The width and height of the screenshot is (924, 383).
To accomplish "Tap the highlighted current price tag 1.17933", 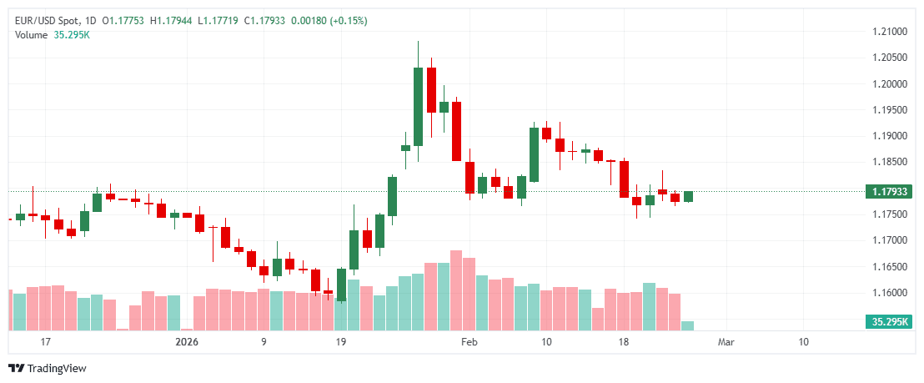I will [890, 192].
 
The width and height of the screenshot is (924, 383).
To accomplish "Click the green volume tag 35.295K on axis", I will [890, 321].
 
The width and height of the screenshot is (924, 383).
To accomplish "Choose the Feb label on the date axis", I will [470, 342].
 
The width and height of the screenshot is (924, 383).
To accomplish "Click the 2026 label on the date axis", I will [187, 342].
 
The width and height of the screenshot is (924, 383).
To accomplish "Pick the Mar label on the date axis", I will [726, 342].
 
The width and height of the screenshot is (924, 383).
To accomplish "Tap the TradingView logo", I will [48, 369].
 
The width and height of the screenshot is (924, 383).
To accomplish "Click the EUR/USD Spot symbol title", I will [51, 20].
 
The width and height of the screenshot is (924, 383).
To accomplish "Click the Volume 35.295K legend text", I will [52, 34].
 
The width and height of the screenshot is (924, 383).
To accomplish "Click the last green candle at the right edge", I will [688, 196].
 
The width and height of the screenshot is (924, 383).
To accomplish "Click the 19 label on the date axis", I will [340, 342].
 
